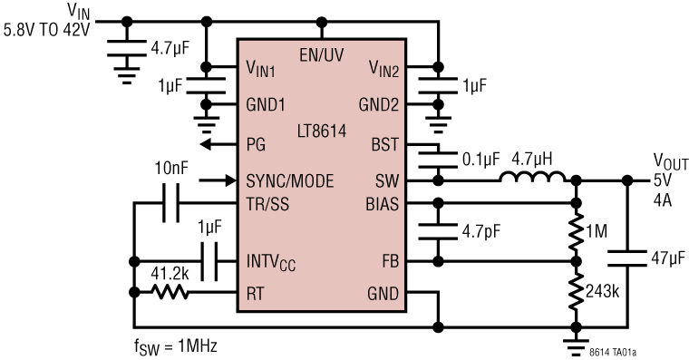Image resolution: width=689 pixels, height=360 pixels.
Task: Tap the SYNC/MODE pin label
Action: pyautogui.click(x=289, y=181)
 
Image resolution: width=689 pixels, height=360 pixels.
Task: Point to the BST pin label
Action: pyautogui.click(x=384, y=144)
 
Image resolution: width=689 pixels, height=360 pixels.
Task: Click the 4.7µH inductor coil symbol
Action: pyautogui.click(x=533, y=177)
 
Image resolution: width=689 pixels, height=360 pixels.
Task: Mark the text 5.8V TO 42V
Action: pyautogui.click(x=49, y=29)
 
